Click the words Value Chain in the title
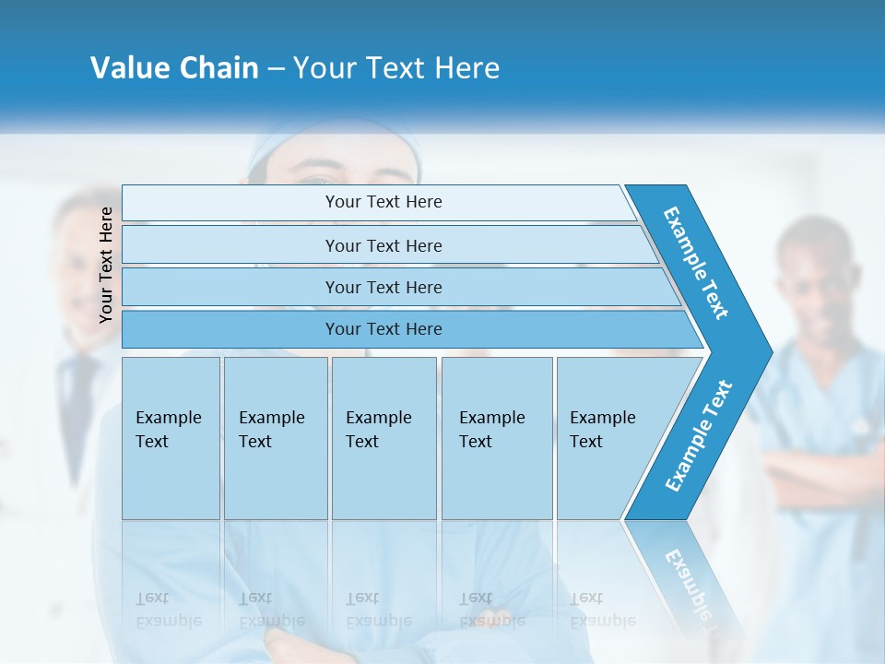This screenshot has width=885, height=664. [x=174, y=68]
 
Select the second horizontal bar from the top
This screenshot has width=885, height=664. [x=383, y=245]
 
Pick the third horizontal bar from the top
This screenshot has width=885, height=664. [x=383, y=287]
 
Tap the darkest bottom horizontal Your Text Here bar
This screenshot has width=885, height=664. [x=383, y=329]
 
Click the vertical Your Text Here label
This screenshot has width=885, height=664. [x=106, y=265]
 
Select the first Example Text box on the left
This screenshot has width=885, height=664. [x=171, y=438]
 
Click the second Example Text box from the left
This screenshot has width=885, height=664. [x=275, y=438]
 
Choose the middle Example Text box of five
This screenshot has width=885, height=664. [x=383, y=438]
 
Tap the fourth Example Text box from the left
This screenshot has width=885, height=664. [x=496, y=438]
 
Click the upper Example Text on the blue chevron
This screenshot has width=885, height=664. [x=696, y=263]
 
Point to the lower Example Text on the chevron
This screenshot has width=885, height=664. [x=698, y=436]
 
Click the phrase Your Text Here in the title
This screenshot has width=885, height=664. [x=396, y=68]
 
